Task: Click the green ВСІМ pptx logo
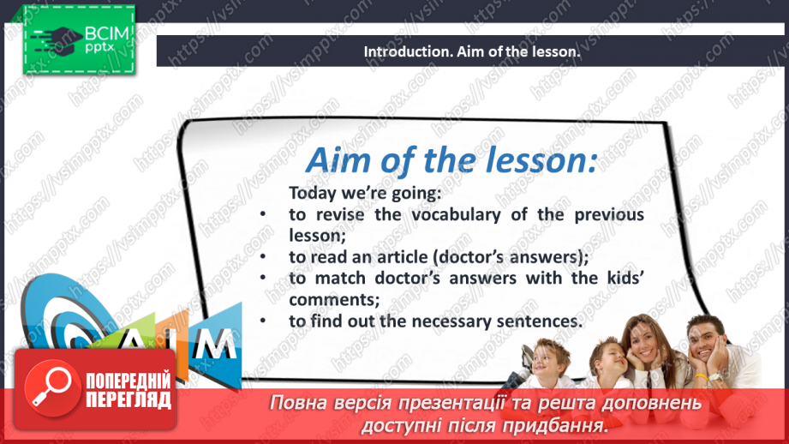coord(79,39)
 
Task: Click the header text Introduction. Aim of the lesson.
coord(471,51)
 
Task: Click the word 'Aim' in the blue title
coord(338,160)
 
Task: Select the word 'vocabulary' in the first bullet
coord(457,215)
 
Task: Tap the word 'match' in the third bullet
coord(340,279)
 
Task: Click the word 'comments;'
coord(334,299)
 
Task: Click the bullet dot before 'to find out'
coord(263,321)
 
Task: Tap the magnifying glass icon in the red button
coord(52,388)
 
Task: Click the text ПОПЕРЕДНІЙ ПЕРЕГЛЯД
coord(129,391)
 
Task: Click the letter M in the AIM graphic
coord(215,344)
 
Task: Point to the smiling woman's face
coord(646,346)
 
